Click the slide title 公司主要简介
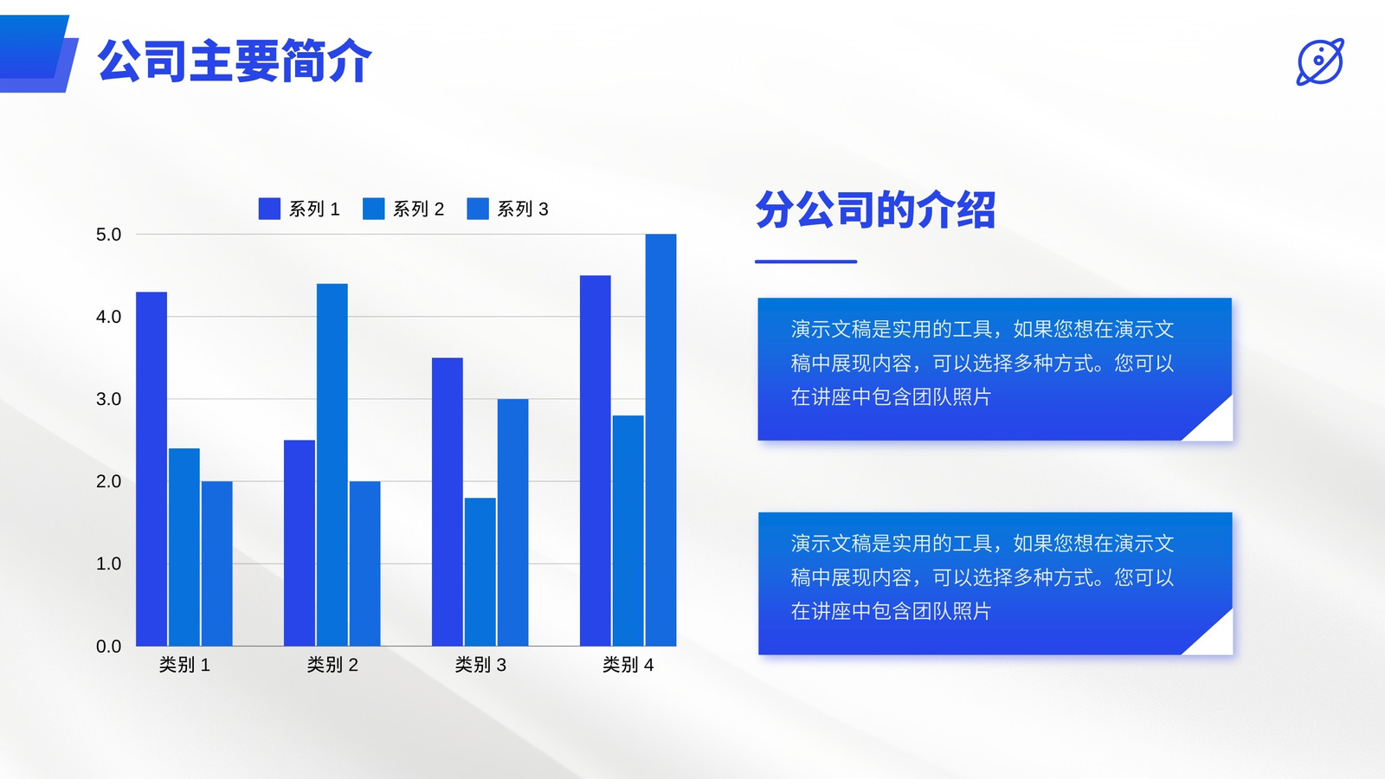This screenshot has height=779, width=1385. (235, 61)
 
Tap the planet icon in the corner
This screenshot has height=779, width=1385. (1320, 61)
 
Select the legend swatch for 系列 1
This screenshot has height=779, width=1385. (269, 209)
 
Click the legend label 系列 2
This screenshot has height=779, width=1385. (419, 209)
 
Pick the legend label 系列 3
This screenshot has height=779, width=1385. (523, 209)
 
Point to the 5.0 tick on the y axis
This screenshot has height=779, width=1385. (108, 235)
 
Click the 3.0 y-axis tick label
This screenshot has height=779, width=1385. (108, 399)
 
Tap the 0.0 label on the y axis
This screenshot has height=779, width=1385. (108, 646)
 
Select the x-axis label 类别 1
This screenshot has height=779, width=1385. (185, 665)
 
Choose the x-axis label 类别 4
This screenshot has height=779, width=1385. (628, 665)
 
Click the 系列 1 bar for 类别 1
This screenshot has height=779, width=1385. (151, 468)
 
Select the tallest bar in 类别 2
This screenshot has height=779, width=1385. (332, 465)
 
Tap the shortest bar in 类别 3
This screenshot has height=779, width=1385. (480, 572)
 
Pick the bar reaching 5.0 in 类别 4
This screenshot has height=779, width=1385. (661, 441)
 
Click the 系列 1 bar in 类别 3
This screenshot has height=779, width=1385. (447, 502)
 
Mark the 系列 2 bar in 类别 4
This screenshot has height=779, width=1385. (628, 531)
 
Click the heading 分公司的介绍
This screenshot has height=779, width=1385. (875, 209)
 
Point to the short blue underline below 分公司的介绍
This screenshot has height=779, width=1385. (806, 261)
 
